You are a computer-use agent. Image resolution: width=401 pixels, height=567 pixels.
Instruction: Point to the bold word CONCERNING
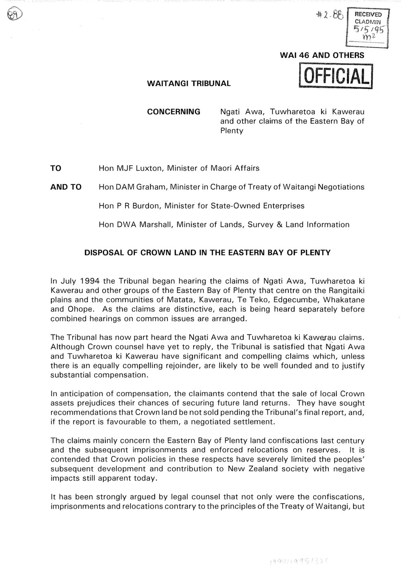[x=174, y=111]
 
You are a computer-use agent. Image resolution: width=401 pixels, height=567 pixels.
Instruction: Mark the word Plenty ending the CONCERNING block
[x=232, y=131]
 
